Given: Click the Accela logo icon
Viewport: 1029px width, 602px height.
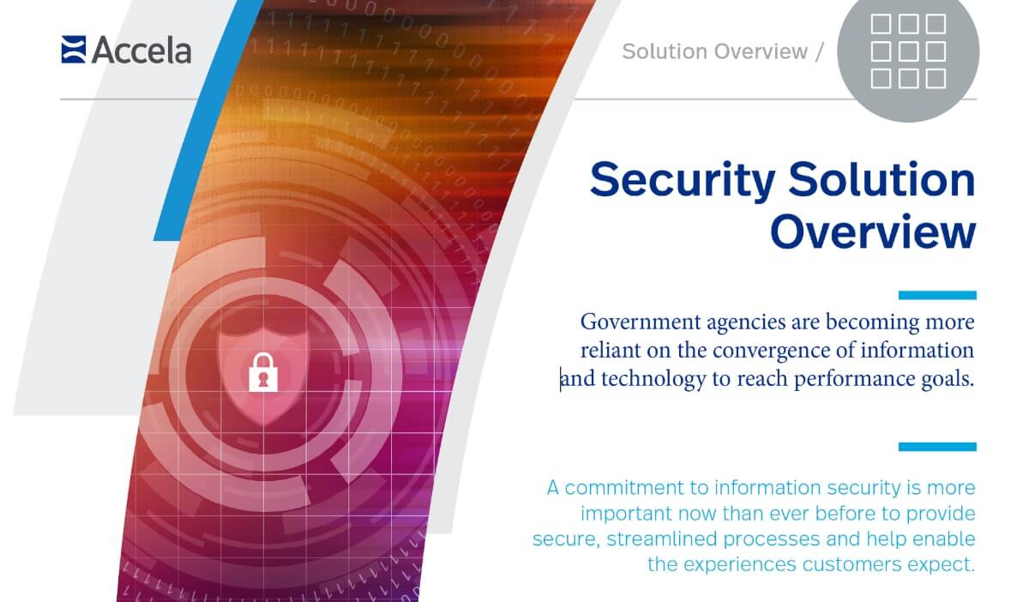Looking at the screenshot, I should tap(74, 50).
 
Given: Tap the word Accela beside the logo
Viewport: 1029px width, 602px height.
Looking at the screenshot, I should tap(141, 51).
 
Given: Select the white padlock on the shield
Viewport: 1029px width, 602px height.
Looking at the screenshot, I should tap(264, 371).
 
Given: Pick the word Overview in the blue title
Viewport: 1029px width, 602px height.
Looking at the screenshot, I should tap(872, 232).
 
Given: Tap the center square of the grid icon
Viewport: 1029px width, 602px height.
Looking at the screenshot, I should tap(908, 51).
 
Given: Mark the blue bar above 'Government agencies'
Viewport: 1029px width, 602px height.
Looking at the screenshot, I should tap(936, 295).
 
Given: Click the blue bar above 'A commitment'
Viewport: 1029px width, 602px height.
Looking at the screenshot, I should tap(936, 447).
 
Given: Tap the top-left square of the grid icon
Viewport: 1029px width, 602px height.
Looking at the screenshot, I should tap(881, 24).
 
